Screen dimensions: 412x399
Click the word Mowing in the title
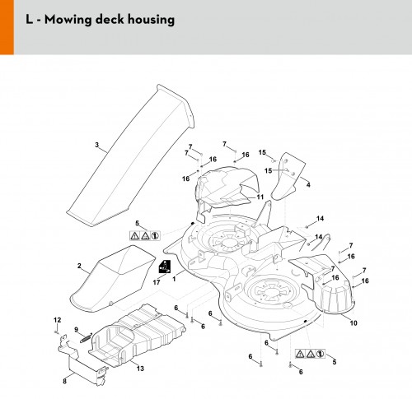coord(68,20)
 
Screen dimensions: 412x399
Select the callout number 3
coord(96,145)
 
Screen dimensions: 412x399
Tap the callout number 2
coord(79,266)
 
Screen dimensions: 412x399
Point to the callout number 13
coord(140,369)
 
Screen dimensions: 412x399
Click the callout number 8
coord(64,381)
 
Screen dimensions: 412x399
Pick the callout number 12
coord(57,320)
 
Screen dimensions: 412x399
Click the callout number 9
coord(77,330)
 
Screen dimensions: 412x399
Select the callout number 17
coord(157,282)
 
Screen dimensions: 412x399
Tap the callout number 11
coord(260,197)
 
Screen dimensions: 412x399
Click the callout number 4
coord(308,185)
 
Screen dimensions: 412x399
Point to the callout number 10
coord(353,323)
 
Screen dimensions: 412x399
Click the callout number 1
coord(174,279)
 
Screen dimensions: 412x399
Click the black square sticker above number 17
coord(165,267)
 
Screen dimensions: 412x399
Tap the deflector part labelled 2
coord(113,278)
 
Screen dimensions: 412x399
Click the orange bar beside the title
coord(7,27)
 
